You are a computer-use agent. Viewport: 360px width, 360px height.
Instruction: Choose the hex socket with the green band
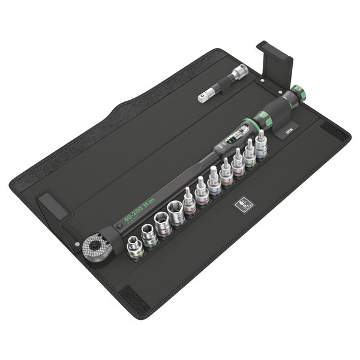[x=148, y=233]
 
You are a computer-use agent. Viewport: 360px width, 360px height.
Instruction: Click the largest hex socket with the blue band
[x=176, y=214]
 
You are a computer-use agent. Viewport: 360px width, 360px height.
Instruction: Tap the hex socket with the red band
[x=162, y=224]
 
